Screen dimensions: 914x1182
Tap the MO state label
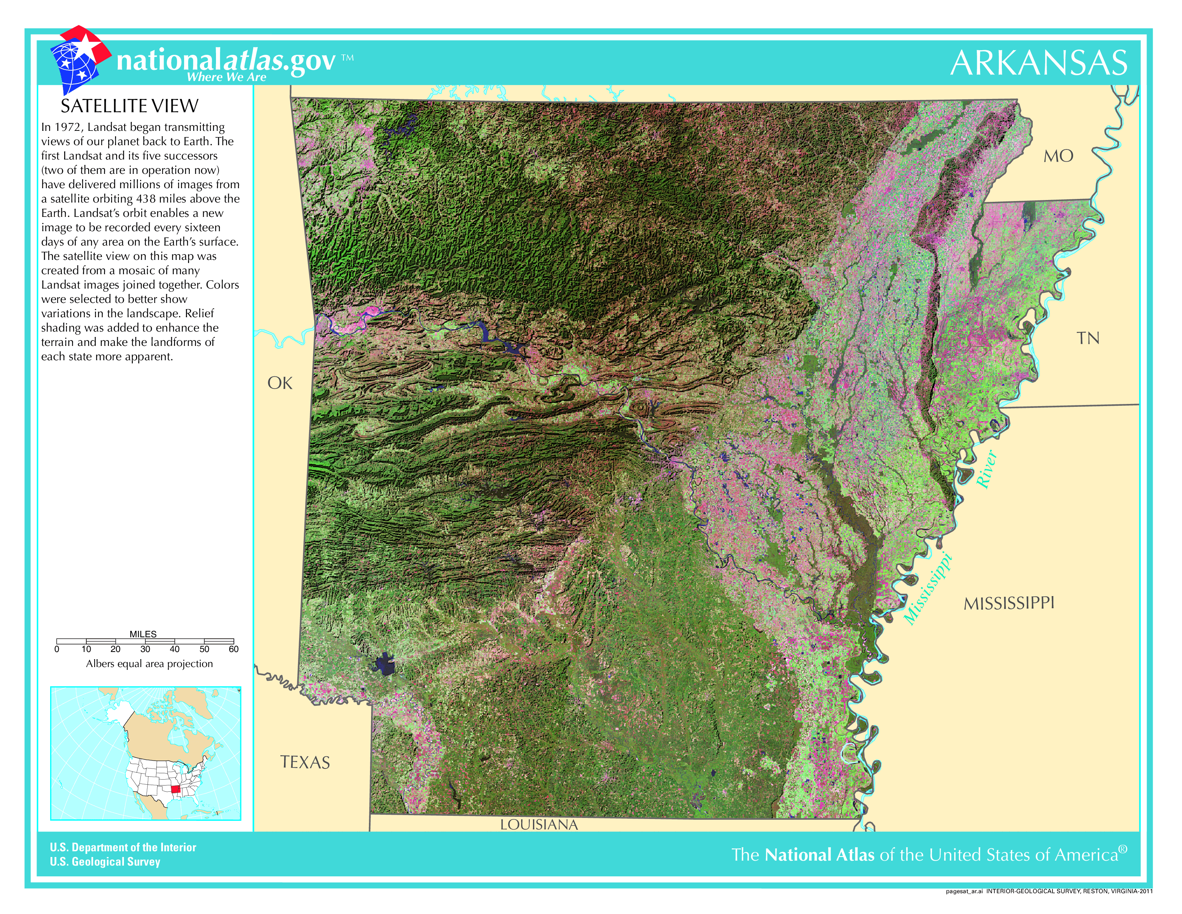1058,157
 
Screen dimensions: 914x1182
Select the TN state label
1087,338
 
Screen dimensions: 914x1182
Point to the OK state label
280,384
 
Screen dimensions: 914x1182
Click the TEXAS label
305,762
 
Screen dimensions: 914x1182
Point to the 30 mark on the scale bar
145,649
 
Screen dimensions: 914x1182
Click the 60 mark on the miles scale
233,649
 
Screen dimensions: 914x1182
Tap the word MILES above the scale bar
143,634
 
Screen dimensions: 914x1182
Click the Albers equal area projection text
149,664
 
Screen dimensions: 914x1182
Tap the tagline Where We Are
226,77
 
